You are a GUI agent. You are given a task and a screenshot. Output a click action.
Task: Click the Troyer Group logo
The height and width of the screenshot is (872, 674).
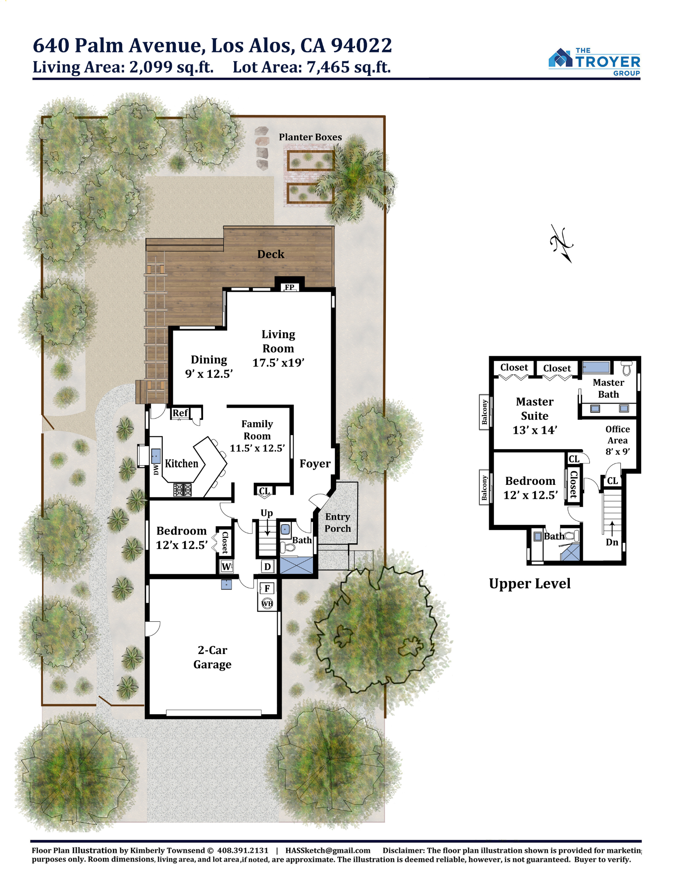594,62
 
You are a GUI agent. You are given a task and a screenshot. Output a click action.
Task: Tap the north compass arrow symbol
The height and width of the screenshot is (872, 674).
562,244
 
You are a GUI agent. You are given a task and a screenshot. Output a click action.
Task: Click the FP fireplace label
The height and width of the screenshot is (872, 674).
289,287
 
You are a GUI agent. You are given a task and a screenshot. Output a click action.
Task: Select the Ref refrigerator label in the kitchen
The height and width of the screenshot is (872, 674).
180,413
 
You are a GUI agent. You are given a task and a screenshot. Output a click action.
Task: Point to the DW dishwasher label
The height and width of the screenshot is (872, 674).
156,469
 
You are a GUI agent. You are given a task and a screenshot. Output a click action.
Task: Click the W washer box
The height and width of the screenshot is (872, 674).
226,566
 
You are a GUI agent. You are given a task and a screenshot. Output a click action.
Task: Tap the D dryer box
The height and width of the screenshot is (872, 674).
268,566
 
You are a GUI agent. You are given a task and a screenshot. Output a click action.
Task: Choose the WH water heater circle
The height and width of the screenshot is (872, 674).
267,603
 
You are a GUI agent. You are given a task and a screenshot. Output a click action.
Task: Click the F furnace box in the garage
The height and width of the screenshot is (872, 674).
267,588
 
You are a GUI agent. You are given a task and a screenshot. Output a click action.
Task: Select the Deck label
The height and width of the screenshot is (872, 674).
271,254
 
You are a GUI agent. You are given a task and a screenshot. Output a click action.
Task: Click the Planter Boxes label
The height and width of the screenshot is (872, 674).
310,137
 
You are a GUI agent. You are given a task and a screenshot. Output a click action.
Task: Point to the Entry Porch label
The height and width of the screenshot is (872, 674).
338,522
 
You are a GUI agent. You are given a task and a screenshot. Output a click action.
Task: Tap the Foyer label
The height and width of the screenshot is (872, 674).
315,463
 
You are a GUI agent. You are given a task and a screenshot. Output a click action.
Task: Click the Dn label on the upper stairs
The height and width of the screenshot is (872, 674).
612,542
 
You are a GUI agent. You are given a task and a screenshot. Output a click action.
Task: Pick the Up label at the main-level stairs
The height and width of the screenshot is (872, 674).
267,513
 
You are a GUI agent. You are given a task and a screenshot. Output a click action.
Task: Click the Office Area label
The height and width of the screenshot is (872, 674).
618,440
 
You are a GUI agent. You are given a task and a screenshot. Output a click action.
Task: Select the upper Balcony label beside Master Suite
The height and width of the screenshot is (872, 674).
484,412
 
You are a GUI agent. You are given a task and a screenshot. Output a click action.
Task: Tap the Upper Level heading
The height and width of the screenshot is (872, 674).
530,583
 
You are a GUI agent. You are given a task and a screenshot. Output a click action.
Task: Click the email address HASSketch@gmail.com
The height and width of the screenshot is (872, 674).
328,850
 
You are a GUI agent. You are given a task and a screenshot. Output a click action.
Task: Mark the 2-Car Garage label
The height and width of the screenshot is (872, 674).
212,657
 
